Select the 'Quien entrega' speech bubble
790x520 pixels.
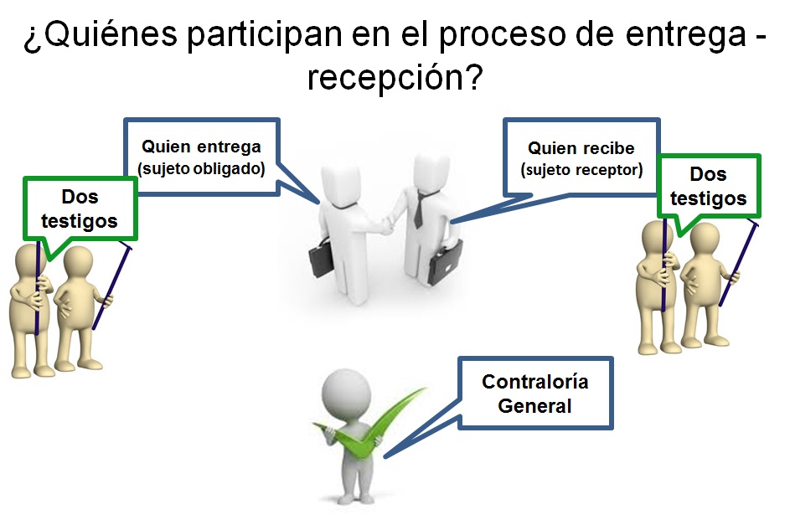point(201,157)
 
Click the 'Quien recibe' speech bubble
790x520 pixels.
point(581,157)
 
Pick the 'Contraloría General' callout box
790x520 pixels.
point(534,394)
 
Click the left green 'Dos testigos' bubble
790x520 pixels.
point(80,209)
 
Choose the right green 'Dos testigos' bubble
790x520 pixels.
point(708,186)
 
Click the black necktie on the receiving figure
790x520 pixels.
point(418,209)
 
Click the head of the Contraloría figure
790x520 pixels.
point(344,389)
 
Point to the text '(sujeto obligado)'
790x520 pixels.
point(201,168)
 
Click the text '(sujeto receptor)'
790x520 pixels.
point(581,170)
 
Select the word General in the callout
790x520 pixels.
point(534,406)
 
